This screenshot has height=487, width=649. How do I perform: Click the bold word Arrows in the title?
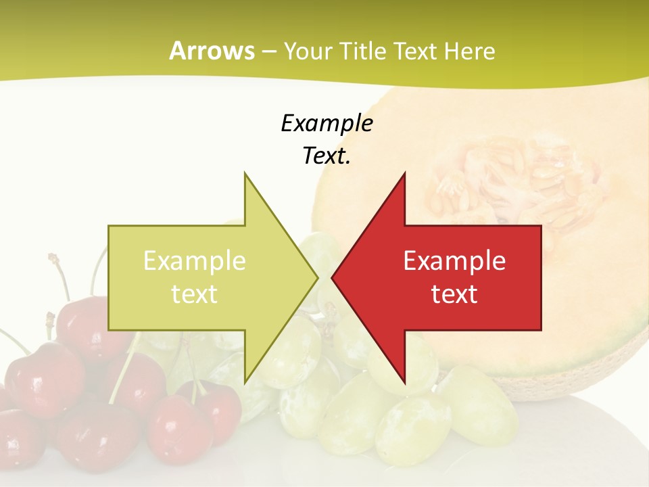[212, 51]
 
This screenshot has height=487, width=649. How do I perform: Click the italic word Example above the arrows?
[327, 123]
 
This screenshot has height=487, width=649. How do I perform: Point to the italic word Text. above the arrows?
[327, 156]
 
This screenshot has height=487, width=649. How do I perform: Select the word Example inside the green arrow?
[195, 260]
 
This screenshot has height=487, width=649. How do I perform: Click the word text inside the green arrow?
[195, 294]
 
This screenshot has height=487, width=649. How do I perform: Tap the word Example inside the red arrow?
[454, 260]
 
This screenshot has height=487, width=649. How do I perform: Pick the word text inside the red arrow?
[454, 294]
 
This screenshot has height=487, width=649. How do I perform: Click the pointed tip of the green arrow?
[316, 277]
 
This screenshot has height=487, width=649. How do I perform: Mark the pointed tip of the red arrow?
[333, 277]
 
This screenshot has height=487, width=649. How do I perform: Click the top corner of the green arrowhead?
[245, 173]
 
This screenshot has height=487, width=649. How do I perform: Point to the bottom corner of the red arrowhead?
[404, 382]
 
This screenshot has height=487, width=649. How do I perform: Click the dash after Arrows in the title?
[268, 51]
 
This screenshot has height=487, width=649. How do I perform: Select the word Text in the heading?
[416, 51]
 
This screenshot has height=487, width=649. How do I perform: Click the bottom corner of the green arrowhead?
[245, 382]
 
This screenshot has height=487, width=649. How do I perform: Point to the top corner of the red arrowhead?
[404, 173]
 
